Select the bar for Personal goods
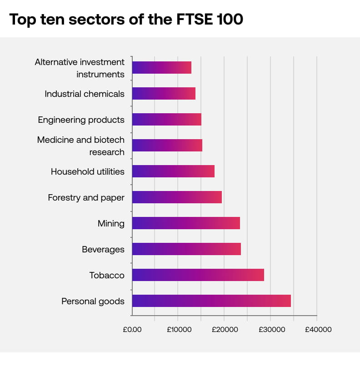(211, 301)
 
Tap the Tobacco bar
(198, 275)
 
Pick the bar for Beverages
(186, 249)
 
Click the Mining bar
(186, 223)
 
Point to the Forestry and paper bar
(177, 197)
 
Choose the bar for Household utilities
(173, 171)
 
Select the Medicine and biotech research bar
(167, 146)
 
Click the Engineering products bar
(166, 120)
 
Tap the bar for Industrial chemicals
(164, 94)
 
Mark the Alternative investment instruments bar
(161, 68)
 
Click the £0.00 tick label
(132, 330)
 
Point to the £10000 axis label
(178, 330)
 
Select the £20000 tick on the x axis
(224, 330)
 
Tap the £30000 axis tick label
(270, 330)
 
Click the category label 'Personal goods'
(93, 302)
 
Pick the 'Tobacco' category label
(107, 276)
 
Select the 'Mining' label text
(111, 224)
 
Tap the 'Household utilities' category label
(87, 172)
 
